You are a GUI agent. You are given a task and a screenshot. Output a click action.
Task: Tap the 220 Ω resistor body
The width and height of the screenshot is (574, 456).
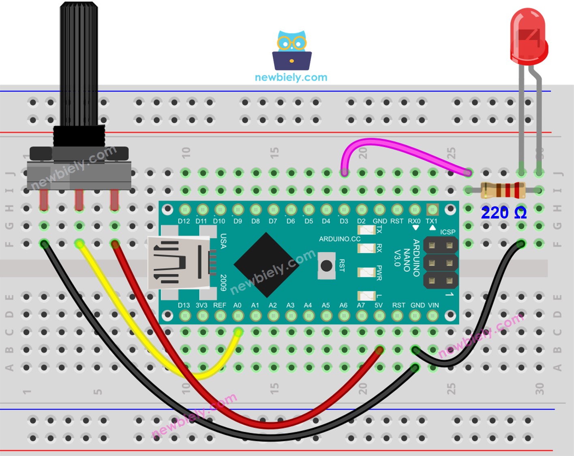tap(503, 190)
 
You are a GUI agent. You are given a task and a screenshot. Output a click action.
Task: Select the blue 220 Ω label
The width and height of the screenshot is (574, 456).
tap(503, 213)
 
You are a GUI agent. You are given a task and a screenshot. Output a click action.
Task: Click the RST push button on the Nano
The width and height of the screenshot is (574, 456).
tap(326, 265)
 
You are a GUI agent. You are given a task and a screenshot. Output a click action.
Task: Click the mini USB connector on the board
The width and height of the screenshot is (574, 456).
tap(178, 263)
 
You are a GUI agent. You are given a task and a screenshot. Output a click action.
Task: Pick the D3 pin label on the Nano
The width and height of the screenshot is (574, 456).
tap(344, 221)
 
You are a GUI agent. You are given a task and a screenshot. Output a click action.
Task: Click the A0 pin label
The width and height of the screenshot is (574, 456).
tap(238, 305)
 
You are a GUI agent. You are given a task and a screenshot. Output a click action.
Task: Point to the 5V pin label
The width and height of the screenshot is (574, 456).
tap(378, 305)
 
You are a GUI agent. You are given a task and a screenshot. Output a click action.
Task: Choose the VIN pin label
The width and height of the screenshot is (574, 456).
tap(433, 305)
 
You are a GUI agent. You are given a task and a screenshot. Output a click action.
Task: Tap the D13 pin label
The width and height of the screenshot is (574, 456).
tap(184, 305)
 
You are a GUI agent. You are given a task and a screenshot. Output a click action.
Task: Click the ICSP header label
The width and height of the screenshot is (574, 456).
tap(448, 232)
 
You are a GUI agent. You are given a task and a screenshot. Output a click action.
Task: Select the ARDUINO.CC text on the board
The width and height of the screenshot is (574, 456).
tap(339, 239)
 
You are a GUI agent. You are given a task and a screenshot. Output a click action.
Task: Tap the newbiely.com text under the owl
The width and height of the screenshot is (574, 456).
tap(291, 77)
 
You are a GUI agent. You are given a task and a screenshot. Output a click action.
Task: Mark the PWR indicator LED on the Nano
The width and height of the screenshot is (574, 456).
tap(366, 272)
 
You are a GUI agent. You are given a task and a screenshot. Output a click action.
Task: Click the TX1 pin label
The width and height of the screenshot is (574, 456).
tap(431, 221)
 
